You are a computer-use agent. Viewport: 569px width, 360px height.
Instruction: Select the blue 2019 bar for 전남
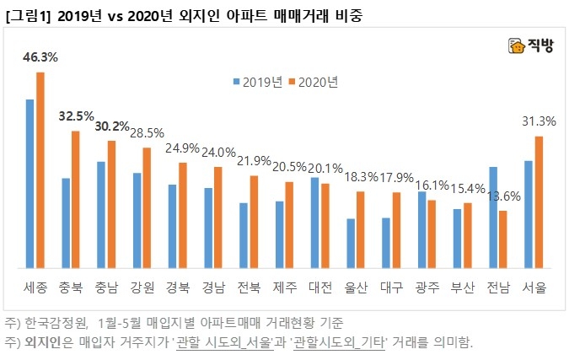(493, 218)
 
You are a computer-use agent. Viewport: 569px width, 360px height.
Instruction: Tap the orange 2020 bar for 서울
(539, 202)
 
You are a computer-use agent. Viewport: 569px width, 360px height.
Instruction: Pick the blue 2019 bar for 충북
(65, 223)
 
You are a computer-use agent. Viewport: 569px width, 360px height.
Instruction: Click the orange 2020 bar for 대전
(325, 226)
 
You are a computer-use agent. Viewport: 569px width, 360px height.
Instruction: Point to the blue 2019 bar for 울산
(351, 244)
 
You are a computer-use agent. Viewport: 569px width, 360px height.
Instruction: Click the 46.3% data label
(40, 58)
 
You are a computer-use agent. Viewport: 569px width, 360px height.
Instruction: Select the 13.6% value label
(503, 196)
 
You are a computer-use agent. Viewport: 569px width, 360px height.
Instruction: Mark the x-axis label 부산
(463, 287)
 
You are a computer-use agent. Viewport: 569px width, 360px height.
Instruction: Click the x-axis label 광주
(427, 287)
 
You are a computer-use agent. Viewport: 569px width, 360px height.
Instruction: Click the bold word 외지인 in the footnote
(44, 342)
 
